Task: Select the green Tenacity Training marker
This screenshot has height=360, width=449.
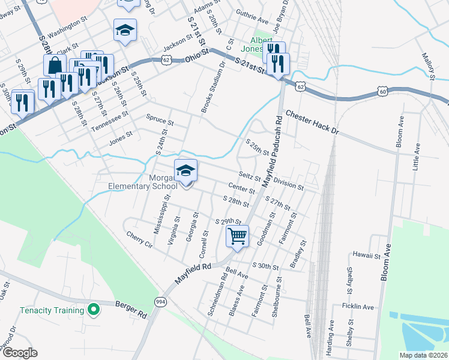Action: pyautogui.click(x=93, y=310)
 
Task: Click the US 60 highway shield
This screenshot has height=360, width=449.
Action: pyautogui.click(x=382, y=91)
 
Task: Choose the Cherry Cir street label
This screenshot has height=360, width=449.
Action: pyautogui.click(x=140, y=238)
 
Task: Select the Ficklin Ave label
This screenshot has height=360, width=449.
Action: pyautogui.click(x=358, y=307)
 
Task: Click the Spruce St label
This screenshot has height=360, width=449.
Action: pyautogui.click(x=160, y=120)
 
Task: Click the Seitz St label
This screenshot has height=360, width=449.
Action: pyautogui.click(x=250, y=177)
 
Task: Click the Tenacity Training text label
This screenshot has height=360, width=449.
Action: pyautogui.click(x=52, y=310)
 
